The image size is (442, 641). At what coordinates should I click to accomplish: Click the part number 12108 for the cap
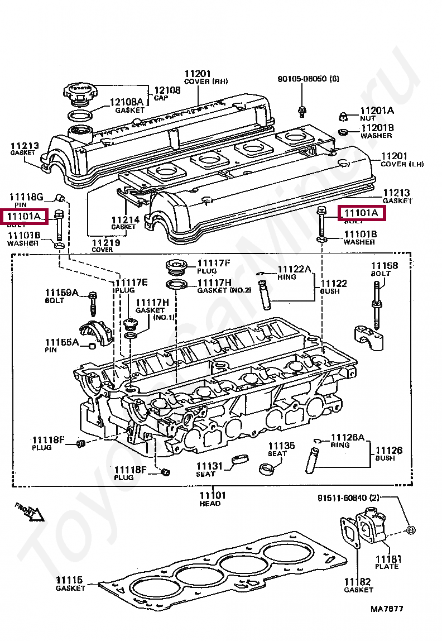[x=167, y=90]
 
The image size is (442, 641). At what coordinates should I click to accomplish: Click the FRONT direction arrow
[x=30, y=511]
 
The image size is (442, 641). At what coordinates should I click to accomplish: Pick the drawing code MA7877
[x=386, y=609]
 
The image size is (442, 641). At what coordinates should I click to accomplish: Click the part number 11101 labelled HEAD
[x=213, y=495]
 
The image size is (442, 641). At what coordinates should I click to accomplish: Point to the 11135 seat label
[x=281, y=446]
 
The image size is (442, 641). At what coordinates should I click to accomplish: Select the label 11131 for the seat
[x=209, y=466]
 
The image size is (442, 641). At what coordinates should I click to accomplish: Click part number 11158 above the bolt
[x=385, y=266]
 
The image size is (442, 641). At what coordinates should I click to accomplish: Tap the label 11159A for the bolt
[x=62, y=293]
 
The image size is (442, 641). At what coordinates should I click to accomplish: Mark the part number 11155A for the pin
[x=62, y=342]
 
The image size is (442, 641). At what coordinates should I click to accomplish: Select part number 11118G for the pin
[x=25, y=197]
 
